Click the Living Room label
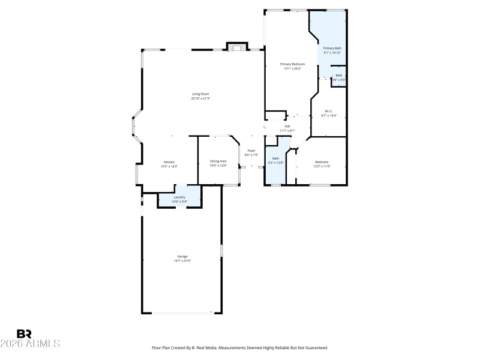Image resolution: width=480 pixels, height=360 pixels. (x=200, y=94)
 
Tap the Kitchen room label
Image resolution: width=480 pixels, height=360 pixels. (x=169, y=161)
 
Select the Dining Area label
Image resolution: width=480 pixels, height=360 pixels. (x=218, y=161)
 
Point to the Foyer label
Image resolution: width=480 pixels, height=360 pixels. (x=251, y=151)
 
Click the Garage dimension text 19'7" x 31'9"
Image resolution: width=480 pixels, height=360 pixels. (x=182, y=261)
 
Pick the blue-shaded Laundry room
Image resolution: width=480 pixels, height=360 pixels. (x=179, y=199)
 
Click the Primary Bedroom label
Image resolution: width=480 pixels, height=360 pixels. (x=292, y=64)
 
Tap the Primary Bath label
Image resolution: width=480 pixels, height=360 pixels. (x=332, y=48)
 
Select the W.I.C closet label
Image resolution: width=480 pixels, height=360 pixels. (x=329, y=111)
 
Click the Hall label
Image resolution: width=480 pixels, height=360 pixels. (x=287, y=126)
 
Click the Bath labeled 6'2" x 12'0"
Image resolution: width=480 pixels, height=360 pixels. (x=275, y=160)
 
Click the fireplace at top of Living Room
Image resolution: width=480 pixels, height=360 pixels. (x=236, y=47)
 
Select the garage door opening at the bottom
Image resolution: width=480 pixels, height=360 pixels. (x=182, y=312)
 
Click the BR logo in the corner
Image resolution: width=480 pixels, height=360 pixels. (x=24, y=333)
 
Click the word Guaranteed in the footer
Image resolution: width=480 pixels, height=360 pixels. (x=314, y=348)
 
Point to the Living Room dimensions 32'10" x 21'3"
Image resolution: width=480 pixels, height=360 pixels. (x=200, y=98)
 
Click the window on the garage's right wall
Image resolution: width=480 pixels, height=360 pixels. (x=221, y=250)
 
